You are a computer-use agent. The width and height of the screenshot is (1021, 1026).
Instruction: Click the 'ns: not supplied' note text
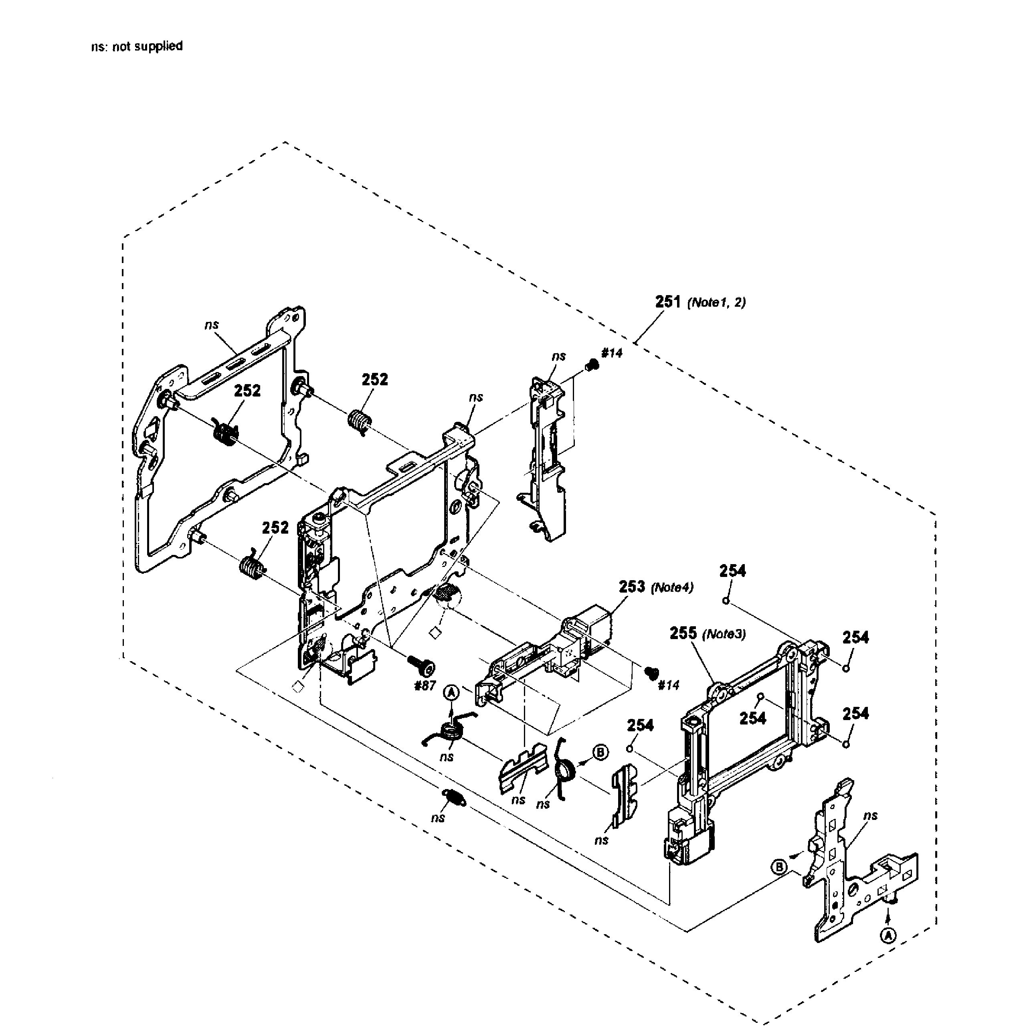tap(137, 46)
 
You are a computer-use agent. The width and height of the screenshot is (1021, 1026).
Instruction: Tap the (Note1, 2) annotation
tap(716, 303)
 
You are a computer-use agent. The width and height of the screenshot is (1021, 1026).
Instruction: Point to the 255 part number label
tap(683, 633)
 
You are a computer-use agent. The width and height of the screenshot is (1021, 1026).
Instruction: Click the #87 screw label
tap(425, 686)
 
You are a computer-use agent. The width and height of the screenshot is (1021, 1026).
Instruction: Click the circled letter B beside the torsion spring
tap(600, 753)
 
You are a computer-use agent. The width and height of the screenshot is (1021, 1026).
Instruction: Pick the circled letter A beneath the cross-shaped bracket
tap(888, 951)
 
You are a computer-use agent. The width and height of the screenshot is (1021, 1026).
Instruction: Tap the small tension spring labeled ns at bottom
tap(454, 797)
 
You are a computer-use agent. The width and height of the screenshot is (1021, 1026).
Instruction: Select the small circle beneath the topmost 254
tap(725, 601)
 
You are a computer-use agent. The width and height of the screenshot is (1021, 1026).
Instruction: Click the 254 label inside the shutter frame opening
tap(752, 718)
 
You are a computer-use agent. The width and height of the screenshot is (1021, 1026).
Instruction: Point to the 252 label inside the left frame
tap(247, 391)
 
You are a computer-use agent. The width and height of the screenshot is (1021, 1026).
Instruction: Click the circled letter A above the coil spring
tap(451, 692)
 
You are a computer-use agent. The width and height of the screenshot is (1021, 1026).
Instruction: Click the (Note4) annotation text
tap(672, 587)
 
